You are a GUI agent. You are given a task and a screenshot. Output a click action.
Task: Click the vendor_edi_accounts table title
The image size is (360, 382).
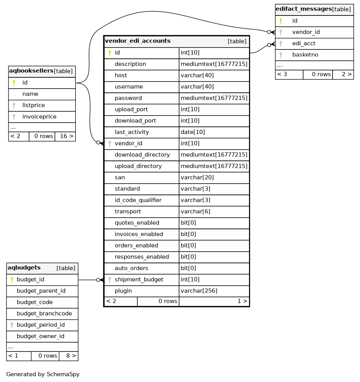[x=138, y=41]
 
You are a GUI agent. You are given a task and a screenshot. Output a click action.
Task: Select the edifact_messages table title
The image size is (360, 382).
[x=304, y=9]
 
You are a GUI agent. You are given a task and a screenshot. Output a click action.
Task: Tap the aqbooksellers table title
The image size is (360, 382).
[x=31, y=71]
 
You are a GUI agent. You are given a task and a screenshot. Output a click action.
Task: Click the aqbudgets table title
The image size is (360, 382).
[x=24, y=268]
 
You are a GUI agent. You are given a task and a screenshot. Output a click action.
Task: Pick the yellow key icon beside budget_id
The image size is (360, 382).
[x=12, y=280]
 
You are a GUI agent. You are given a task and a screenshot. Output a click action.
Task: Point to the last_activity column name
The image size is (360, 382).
[x=131, y=132]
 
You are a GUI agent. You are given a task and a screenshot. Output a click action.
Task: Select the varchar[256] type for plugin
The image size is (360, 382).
[x=199, y=291]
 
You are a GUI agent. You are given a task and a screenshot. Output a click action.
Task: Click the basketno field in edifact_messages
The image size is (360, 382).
[x=305, y=55]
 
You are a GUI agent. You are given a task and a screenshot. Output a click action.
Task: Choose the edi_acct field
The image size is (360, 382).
[x=304, y=44]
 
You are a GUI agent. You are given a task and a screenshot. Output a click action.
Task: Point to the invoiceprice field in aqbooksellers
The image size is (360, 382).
[x=39, y=116]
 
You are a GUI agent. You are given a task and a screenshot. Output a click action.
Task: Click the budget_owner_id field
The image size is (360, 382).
[x=40, y=336]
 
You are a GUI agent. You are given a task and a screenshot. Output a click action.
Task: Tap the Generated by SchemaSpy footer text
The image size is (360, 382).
[x=43, y=374]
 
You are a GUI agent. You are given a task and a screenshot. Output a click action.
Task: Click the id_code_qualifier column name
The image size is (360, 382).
[x=138, y=200]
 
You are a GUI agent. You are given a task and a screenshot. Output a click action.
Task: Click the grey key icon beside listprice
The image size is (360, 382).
[x=14, y=105]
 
